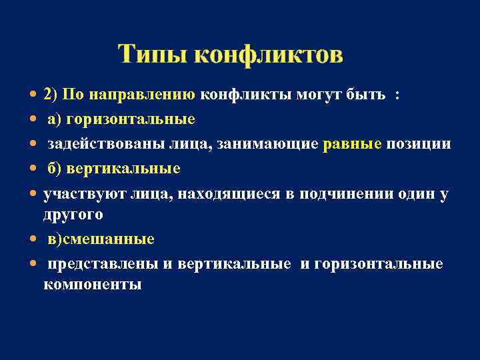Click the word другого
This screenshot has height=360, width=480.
73,214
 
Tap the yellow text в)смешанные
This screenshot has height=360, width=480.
101,239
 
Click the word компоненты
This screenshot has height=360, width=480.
92,284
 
